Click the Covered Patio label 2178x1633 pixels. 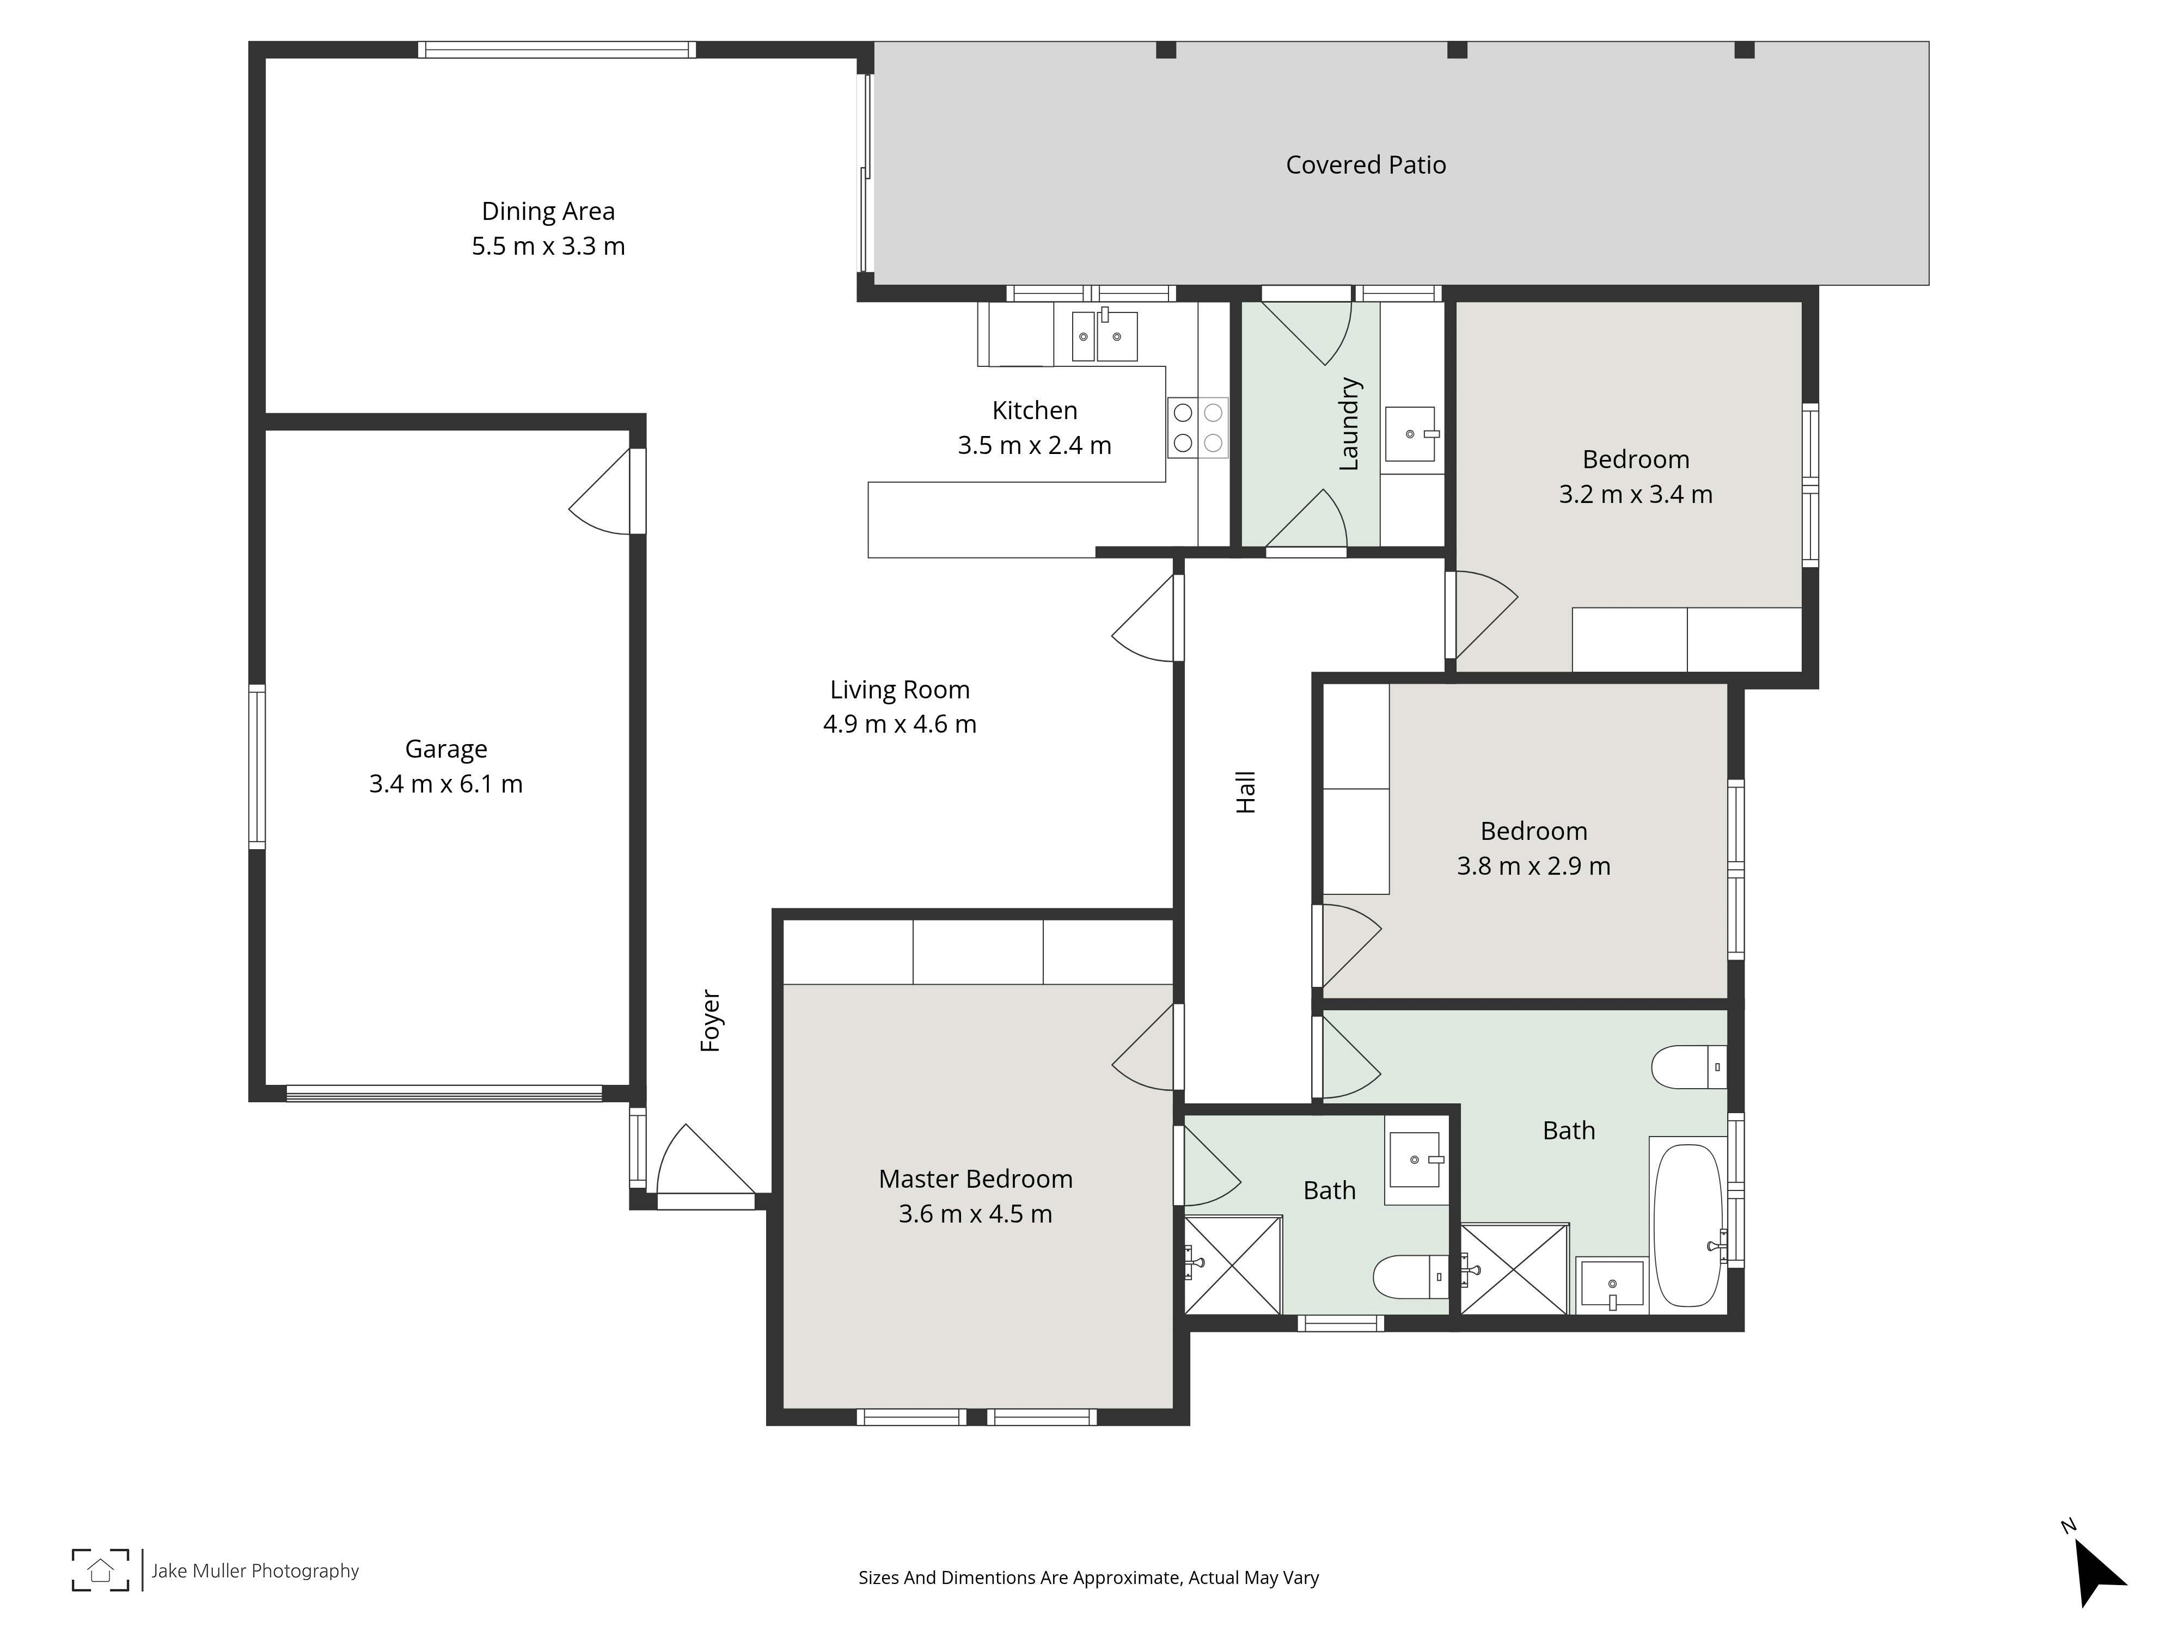[1366, 165]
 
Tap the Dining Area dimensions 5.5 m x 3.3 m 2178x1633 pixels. [548, 246]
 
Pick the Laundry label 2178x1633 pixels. [1349, 424]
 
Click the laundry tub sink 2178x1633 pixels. [1411, 434]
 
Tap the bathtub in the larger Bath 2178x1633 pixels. [1687, 1225]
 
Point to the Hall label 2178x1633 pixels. [1246, 793]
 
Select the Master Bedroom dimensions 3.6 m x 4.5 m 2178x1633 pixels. [976, 1214]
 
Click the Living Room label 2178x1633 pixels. [900, 690]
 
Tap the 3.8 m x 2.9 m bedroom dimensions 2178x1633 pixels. [1534, 866]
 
